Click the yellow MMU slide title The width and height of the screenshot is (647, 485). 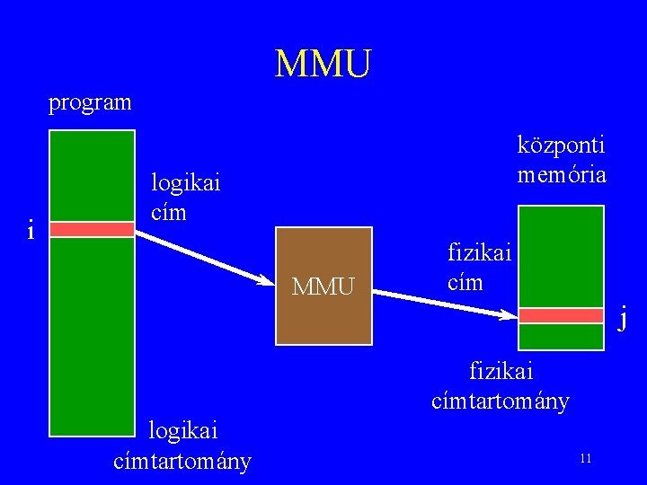[x=323, y=64]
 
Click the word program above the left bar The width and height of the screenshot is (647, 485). [x=90, y=102]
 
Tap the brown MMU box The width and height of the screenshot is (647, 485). [x=323, y=287]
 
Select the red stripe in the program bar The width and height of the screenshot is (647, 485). [x=92, y=230]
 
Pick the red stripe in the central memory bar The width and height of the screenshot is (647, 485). [x=562, y=315]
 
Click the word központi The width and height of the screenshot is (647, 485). [x=562, y=145]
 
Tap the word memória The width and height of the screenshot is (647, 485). [x=562, y=174]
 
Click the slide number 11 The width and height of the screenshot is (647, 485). [x=585, y=459]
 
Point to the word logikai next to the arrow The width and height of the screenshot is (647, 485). [x=185, y=183]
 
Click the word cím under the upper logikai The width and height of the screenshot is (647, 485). [x=169, y=213]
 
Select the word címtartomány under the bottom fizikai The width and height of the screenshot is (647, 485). [x=501, y=401]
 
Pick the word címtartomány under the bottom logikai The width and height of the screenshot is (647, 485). [x=182, y=462]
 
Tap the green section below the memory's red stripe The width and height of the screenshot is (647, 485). [x=562, y=336]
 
